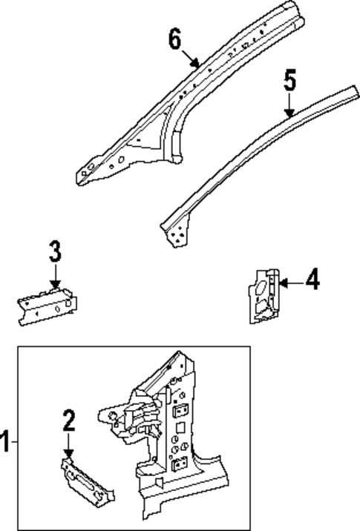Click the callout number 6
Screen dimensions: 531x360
pyautogui.click(x=174, y=39)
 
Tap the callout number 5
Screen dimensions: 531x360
pyautogui.click(x=291, y=81)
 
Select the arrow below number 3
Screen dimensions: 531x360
pyautogui.click(x=54, y=280)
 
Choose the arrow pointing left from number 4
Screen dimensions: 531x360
pyautogui.click(x=289, y=281)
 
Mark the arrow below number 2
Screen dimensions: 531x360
pyautogui.click(x=68, y=449)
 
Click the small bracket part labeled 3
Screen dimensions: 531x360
pyautogui.click(x=48, y=306)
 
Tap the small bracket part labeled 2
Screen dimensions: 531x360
pyautogui.click(x=88, y=483)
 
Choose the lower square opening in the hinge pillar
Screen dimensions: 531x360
pyautogui.click(x=178, y=465)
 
